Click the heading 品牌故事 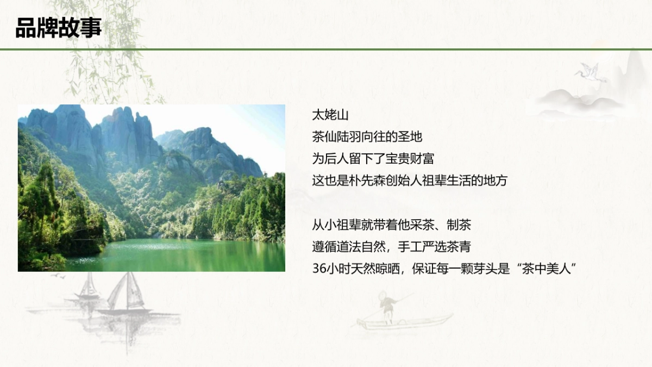58,28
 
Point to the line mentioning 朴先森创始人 409,181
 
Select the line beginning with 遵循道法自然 391,247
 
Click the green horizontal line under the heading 326,49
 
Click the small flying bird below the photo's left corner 58,276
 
